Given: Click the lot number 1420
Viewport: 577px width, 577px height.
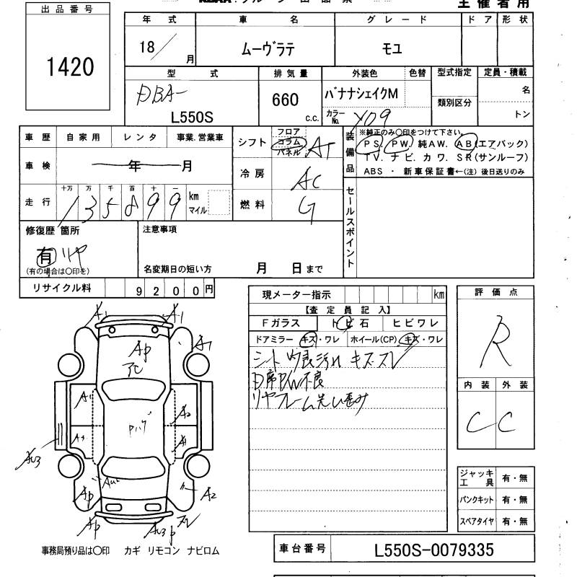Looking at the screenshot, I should tap(69, 67).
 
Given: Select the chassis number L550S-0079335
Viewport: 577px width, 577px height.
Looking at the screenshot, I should tap(434, 550).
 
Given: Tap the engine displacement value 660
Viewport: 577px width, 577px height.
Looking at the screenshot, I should tap(286, 100).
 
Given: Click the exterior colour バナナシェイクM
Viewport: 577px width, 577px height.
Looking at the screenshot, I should tap(366, 95).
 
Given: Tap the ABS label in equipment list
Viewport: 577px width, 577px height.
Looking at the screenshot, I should tap(374, 172).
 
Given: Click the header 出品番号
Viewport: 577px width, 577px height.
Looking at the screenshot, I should tap(68, 9).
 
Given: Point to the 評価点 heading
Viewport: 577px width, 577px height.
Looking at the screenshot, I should tap(496, 292).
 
